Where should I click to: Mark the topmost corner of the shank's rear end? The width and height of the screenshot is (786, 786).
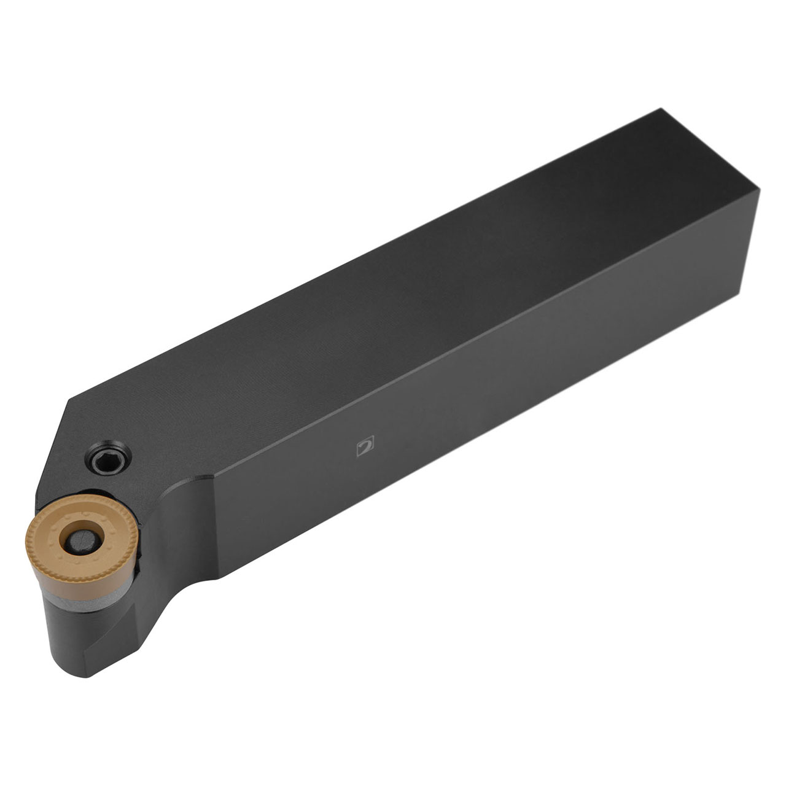tap(660, 109)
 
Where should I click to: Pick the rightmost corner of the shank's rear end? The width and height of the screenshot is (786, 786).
tap(760, 191)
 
